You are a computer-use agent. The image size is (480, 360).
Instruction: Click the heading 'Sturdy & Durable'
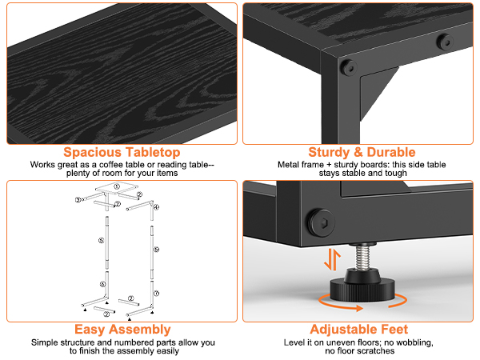[x=362, y=152]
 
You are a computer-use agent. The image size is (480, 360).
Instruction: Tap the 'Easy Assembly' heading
[x=122, y=329]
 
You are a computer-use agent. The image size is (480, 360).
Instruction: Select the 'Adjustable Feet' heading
[x=362, y=329]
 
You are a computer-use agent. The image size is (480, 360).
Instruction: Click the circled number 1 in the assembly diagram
[x=116, y=186]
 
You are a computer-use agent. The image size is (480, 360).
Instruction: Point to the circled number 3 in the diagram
[x=78, y=199]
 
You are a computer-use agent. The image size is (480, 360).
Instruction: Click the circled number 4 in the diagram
[x=156, y=207]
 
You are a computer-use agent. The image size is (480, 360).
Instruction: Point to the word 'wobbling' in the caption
[x=402, y=342]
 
